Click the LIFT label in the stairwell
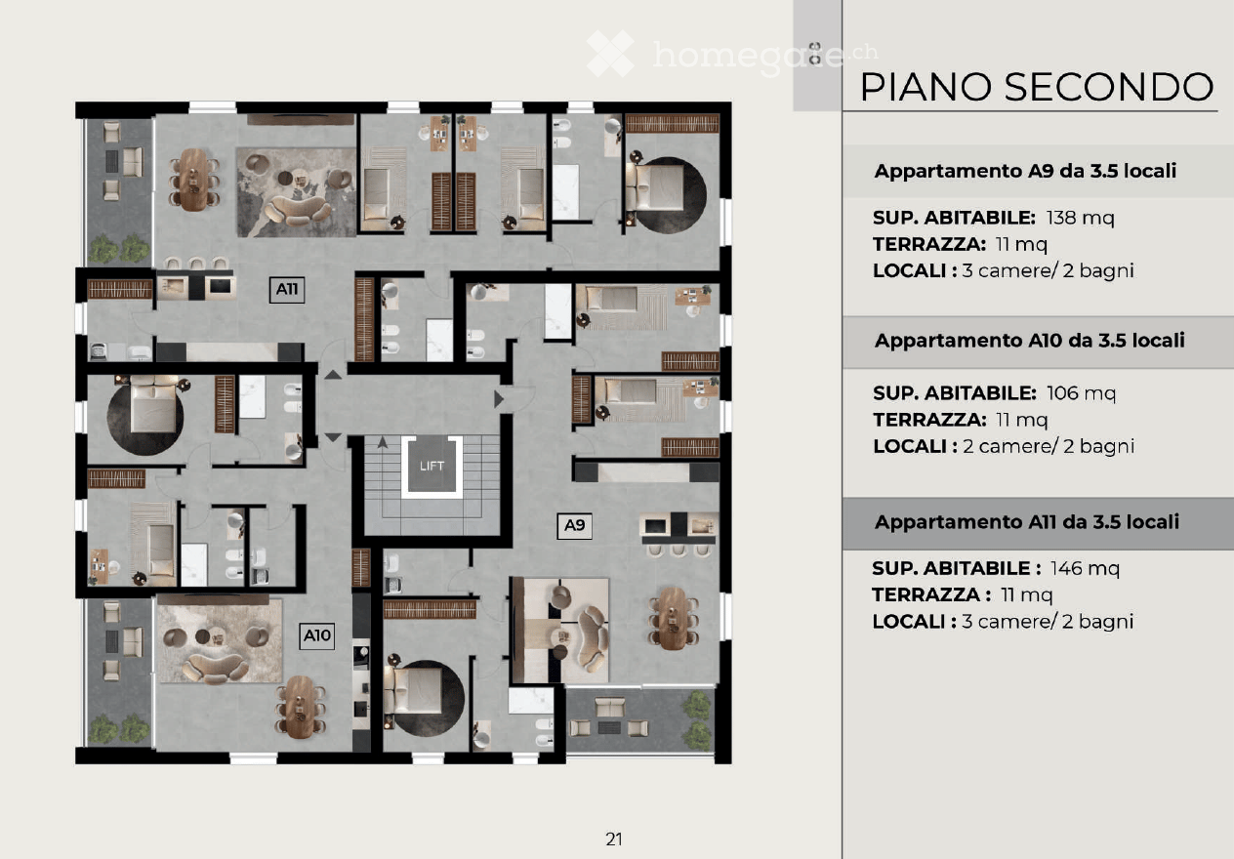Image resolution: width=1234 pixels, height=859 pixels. (432, 467)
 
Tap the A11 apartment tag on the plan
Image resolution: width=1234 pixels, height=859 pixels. (286, 289)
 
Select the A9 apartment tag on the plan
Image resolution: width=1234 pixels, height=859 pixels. (575, 525)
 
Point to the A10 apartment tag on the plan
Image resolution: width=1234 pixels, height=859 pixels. (316, 635)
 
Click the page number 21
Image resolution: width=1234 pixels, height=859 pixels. (614, 839)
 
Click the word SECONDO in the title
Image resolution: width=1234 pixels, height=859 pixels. (1109, 87)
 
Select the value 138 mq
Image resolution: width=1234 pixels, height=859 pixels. (1081, 219)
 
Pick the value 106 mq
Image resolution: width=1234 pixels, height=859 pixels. (1081, 393)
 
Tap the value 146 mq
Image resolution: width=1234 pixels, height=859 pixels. (1085, 569)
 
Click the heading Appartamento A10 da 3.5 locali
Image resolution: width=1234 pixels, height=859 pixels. (1029, 341)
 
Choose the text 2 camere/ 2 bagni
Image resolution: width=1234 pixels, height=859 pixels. (1049, 446)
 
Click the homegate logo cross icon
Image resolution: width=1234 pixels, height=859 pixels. (610, 54)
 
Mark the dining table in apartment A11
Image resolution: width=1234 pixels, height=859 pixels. (194, 179)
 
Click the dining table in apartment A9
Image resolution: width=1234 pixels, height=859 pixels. (673, 618)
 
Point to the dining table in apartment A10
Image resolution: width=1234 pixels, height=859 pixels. (301, 707)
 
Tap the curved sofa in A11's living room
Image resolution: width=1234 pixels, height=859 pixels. (297, 211)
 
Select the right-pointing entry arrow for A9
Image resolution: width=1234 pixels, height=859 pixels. (499, 399)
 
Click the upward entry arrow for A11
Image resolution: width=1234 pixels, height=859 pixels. (333, 375)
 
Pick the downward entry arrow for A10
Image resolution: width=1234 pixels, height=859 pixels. (333, 437)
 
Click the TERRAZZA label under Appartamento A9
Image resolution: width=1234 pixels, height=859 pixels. (929, 244)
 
